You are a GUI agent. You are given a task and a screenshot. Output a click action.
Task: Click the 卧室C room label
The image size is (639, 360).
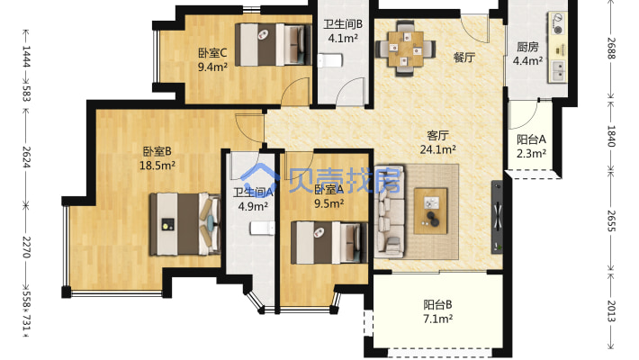click(x=212, y=53)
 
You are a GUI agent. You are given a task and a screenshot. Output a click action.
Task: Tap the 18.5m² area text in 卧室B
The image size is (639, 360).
click(x=157, y=166)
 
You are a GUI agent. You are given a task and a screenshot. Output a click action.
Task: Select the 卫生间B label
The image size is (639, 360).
click(x=343, y=24)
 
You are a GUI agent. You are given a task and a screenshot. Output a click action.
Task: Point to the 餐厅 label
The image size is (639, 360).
click(x=464, y=58)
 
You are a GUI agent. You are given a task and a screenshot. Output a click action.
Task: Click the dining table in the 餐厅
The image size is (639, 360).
click(x=406, y=49)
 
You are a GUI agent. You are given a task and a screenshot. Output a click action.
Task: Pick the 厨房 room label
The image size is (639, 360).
click(x=527, y=48)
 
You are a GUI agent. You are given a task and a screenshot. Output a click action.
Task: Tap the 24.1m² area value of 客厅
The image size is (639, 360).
click(x=438, y=149)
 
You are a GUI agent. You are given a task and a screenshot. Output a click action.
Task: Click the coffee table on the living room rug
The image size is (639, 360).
click(x=430, y=211)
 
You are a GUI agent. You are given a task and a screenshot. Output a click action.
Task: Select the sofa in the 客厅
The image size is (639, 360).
click(x=390, y=211)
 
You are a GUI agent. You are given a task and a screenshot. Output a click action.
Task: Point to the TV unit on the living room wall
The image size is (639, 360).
click(x=497, y=217)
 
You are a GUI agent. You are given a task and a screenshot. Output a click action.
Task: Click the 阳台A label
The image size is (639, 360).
click(x=531, y=139)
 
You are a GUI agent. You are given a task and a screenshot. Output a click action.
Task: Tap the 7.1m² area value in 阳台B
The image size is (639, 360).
click(x=437, y=319)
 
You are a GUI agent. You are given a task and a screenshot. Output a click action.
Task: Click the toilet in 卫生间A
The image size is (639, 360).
click(x=263, y=228)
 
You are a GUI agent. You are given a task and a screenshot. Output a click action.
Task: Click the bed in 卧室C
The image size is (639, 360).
click(x=270, y=44)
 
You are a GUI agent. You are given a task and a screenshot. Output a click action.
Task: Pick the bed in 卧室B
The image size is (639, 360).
click(x=185, y=224)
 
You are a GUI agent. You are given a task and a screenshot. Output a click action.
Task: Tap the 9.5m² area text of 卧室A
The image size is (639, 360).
click(x=328, y=203)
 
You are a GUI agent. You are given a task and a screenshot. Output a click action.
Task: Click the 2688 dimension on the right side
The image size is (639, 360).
click(x=610, y=48)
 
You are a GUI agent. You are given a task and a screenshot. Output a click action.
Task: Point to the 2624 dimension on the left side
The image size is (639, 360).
click(x=26, y=157)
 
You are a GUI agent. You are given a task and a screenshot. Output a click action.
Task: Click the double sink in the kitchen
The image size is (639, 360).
click(x=558, y=71)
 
